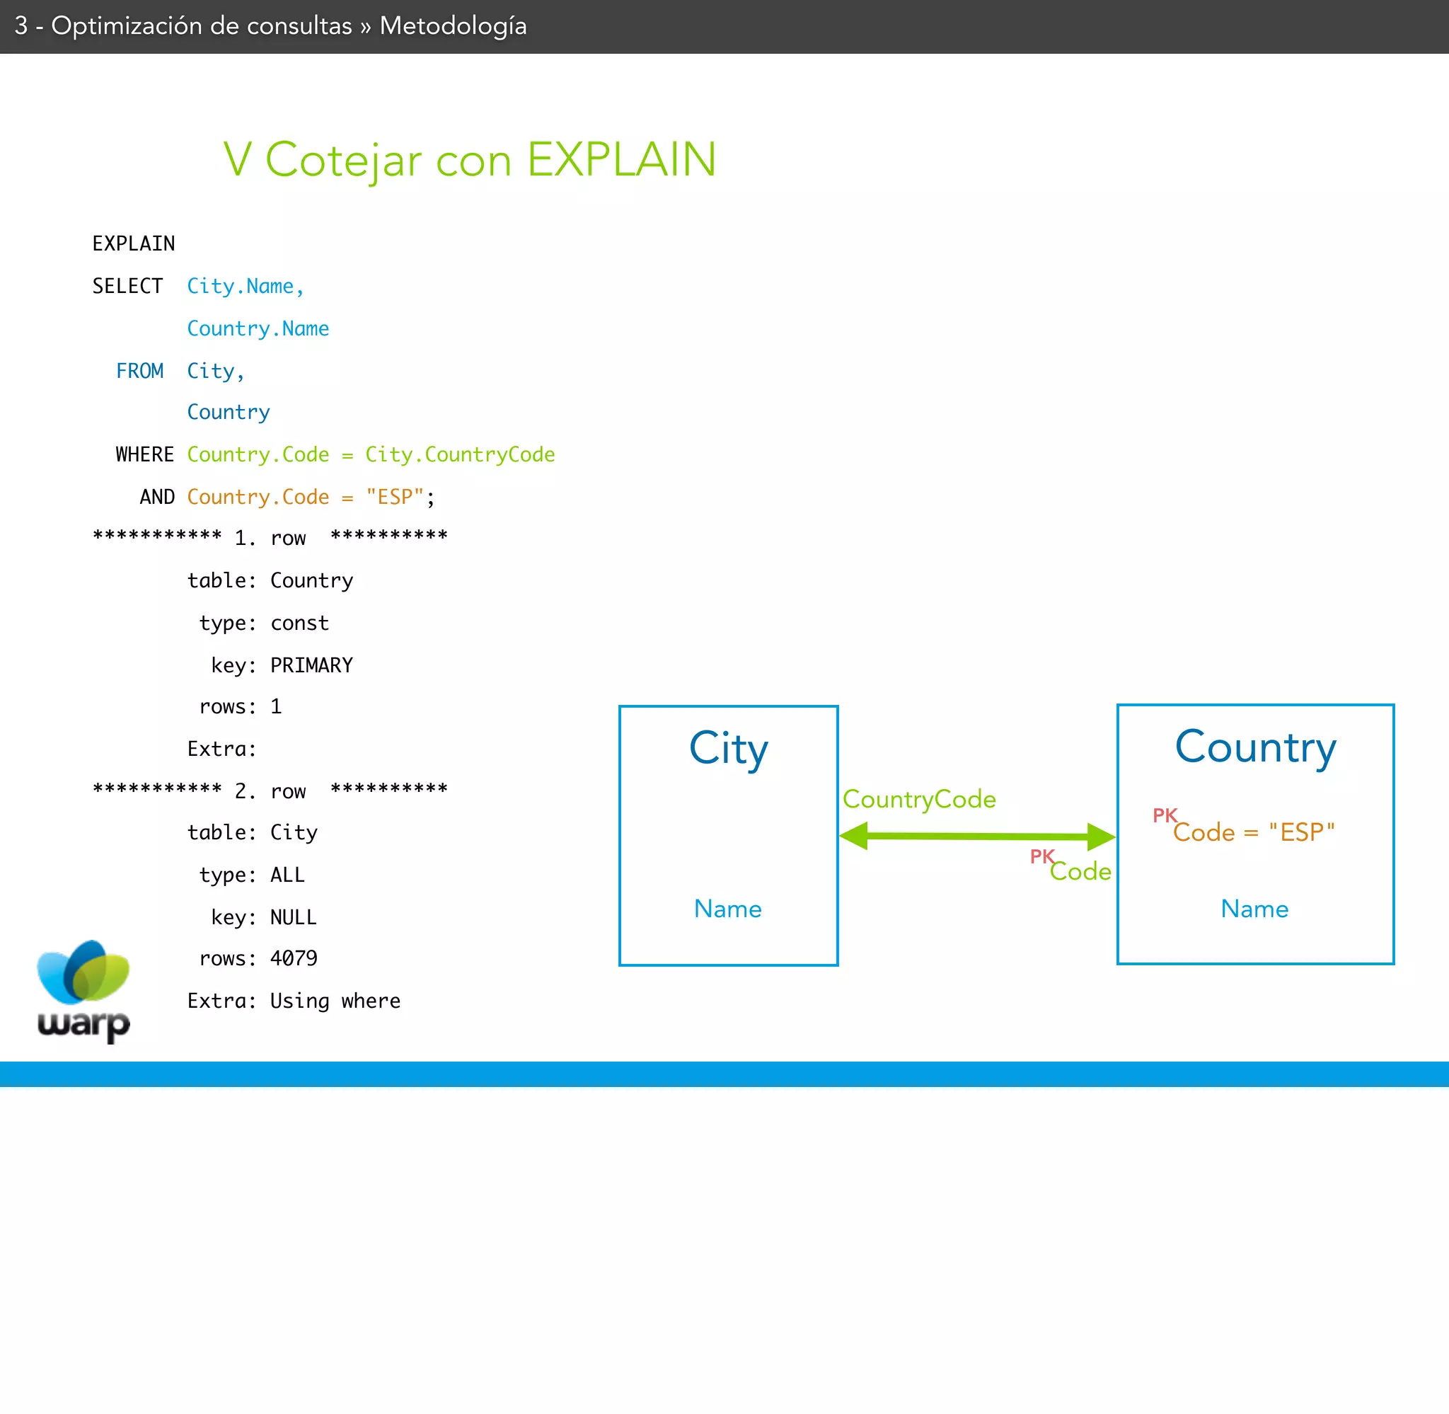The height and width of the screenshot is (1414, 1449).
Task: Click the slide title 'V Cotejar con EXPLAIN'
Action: pyautogui.click(x=469, y=160)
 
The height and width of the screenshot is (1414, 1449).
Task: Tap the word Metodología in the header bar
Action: pyautogui.click(x=453, y=26)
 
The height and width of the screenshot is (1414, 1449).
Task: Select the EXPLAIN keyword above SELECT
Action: pyautogui.click(x=134, y=243)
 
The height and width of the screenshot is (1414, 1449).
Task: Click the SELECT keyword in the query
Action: pyautogui.click(x=127, y=286)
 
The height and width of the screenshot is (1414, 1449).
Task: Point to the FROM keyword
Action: pyautogui.click(x=139, y=371)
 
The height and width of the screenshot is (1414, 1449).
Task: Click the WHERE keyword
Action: pyautogui.click(x=145, y=454)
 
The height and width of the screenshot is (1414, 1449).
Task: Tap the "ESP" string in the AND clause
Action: pyautogui.click(x=394, y=497)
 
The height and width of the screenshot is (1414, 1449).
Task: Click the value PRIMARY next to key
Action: pyautogui.click(x=311, y=665)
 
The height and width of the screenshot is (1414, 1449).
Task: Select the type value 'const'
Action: pyautogui.click(x=299, y=623)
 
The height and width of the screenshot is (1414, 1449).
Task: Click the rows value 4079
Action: pyautogui.click(x=293, y=959)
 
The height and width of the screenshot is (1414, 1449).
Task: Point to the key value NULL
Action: pyautogui.click(x=293, y=918)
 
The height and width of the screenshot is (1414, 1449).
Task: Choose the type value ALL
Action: pyautogui.click(x=287, y=875)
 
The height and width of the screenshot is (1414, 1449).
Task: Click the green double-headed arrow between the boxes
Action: pyautogui.click(x=977, y=837)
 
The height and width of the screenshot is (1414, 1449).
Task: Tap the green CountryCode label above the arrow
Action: pyautogui.click(x=919, y=799)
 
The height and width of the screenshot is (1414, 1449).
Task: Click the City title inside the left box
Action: pyautogui.click(x=728, y=749)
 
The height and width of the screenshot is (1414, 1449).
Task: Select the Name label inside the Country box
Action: pyautogui.click(x=1254, y=909)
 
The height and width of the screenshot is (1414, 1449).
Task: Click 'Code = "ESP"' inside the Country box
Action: pyautogui.click(x=1253, y=832)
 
